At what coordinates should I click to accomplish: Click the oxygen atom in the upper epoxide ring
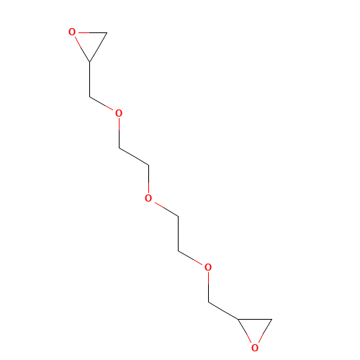(72, 32)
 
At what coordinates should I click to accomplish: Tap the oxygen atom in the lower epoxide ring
(255, 348)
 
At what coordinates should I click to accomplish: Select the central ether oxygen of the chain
(148, 198)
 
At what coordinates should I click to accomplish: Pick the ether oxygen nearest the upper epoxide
(119, 113)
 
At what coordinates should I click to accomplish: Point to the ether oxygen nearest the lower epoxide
(208, 267)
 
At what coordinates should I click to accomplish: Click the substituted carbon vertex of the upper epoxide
(90, 62)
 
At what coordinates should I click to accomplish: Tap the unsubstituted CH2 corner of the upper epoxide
(107, 32)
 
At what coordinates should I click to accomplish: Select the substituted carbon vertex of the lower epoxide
(238, 319)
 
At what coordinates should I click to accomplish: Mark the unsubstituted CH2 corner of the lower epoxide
(272, 319)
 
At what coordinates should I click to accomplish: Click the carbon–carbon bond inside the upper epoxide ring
(99, 48)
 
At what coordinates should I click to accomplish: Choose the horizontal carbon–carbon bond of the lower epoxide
(255, 319)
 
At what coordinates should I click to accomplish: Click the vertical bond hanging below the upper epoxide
(90, 79)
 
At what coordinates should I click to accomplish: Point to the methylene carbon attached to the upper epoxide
(90, 96)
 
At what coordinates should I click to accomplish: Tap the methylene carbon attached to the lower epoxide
(208, 302)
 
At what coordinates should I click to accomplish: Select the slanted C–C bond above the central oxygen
(134, 157)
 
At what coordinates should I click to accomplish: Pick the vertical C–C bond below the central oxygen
(178, 234)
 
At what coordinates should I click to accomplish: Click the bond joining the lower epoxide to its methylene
(223, 311)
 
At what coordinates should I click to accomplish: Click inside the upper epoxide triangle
(90, 41)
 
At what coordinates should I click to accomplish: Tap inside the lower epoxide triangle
(255, 328)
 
